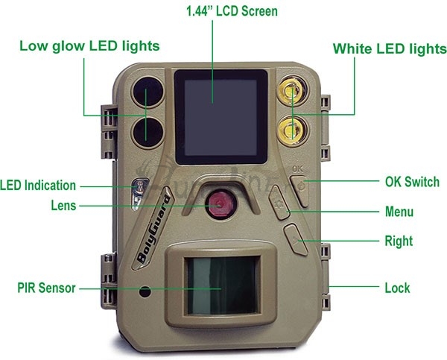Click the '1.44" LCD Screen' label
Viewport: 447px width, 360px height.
click(x=232, y=11)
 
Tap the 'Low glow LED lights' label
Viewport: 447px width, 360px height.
click(x=89, y=46)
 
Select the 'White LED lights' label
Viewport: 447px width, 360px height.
click(x=390, y=48)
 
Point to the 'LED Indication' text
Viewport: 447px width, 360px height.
click(x=38, y=186)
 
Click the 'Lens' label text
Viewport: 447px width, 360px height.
click(x=63, y=206)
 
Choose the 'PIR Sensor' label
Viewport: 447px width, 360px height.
click(x=46, y=288)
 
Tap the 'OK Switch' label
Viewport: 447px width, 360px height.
click(x=412, y=182)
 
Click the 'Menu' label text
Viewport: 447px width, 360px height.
click(x=399, y=212)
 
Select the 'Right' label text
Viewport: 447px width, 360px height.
click(x=399, y=241)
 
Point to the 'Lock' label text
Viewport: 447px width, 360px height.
click(x=397, y=288)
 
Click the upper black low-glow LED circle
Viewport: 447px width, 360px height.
click(x=148, y=92)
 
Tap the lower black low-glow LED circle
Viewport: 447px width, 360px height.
click(x=148, y=132)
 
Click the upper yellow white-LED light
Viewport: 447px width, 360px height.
click(x=292, y=90)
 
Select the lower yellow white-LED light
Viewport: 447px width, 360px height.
click(x=292, y=130)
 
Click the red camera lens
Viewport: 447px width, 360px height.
click(x=221, y=204)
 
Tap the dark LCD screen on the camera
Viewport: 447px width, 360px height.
click(x=221, y=117)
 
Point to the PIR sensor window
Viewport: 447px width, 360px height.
click(x=223, y=285)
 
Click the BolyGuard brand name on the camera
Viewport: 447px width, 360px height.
click(x=154, y=229)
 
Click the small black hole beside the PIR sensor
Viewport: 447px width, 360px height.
click(x=145, y=291)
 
